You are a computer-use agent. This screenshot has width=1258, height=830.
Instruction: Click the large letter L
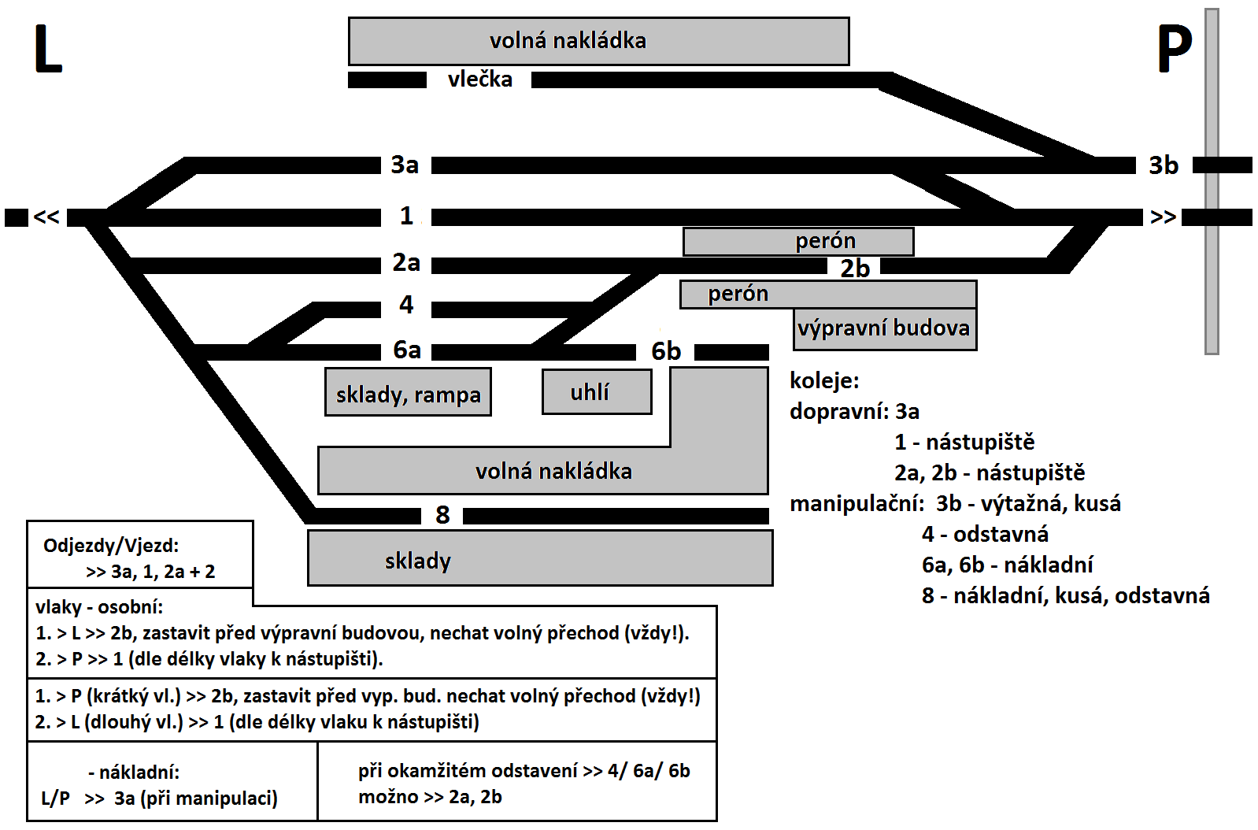pyautogui.click(x=48, y=50)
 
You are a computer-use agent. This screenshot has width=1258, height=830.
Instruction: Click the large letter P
pyautogui.click(x=1175, y=50)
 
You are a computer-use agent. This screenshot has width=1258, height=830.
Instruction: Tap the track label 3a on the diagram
pyautogui.click(x=405, y=165)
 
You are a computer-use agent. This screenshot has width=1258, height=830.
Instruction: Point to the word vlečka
pyautogui.click(x=480, y=80)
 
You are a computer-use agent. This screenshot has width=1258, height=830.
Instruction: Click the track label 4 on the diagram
pyautogui.click(x=406, y=305)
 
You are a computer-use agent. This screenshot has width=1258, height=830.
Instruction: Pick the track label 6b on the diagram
pyautogui.click(x=666, y=352)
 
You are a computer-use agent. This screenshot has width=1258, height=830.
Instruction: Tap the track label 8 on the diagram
pyautogui.click(x=442, y=515)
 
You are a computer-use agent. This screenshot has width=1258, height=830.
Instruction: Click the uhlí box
pyautogui.click(x=597, y=391)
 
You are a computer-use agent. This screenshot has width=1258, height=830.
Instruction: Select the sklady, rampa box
pyautogui.click(x=409, y=392)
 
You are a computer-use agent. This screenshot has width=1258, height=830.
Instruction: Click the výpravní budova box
pyautogui.click(x=885, y=329)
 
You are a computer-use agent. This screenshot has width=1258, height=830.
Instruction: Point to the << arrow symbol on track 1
pyautogui.click(x=46, y=217)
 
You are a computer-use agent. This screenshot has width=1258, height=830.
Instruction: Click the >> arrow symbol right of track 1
pyautogui.click(x=1163, y=217)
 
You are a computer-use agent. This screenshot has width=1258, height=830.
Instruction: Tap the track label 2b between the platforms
pyautogui.click(x=855, y=269)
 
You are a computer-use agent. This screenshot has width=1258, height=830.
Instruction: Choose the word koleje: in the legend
pyautogui.click(x=824, y=381)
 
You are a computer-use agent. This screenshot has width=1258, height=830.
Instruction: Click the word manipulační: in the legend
pyautogui.click(x=857, y=504)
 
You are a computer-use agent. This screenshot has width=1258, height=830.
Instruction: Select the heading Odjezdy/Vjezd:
pyautogui.click(x=111, y=546)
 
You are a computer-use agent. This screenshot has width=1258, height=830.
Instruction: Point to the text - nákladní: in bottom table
pyautogui.click(x=134, y=773)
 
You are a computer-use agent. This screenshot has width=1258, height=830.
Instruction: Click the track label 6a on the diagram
pyautogui.click(x=406, y=350)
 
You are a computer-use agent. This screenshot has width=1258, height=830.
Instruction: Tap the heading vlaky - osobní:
pyautogui.click(x=99, y=607)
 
